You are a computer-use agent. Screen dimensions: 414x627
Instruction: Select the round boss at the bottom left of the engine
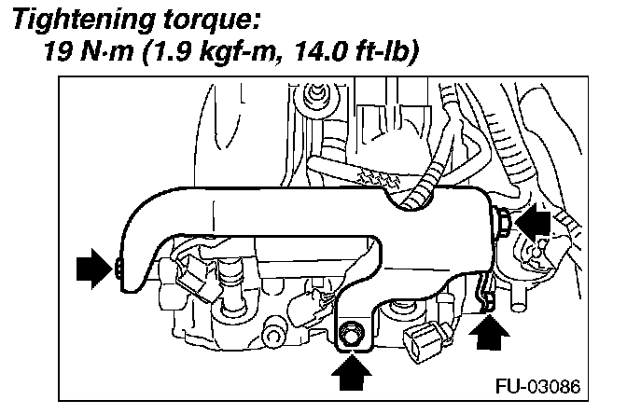coord(273,331)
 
